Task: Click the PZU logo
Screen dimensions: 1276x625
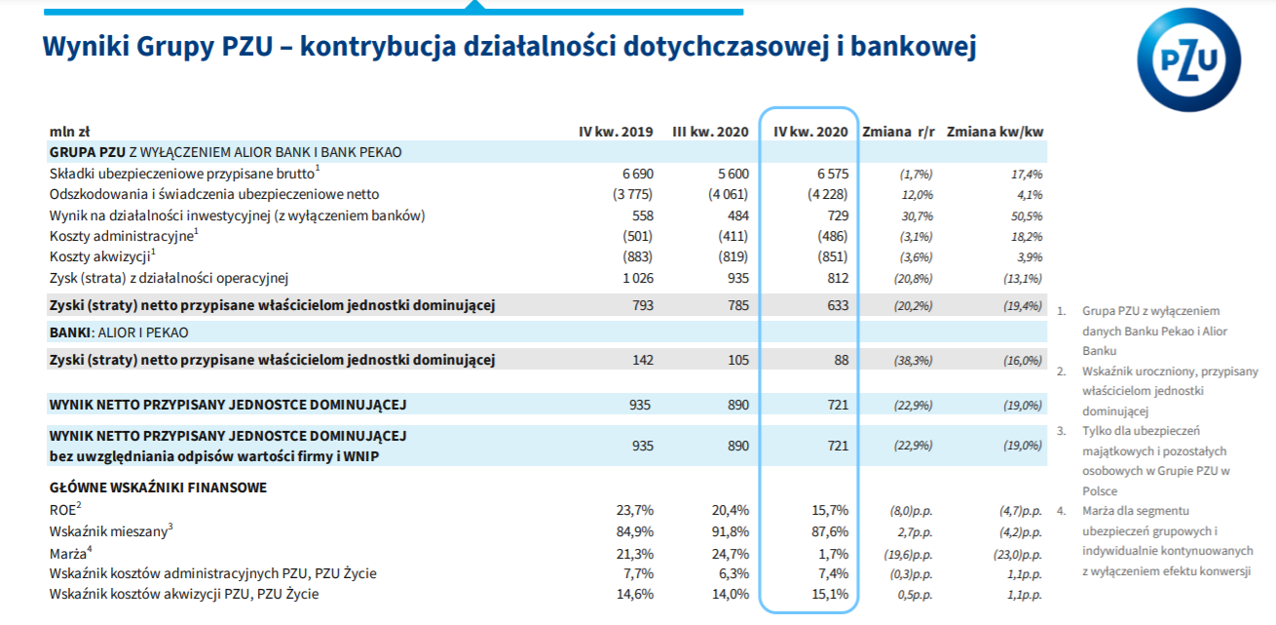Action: click(x=1189, y=59)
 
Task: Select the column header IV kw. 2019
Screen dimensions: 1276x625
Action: click(x=616, y=132)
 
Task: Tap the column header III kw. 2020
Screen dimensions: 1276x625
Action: click(x=710, y=132)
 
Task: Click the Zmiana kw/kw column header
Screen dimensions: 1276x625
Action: click(x=995, y=132)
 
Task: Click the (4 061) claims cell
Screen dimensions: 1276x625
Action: click(x=728, y=194)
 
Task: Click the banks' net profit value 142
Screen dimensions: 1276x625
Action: click(x=643, y=360)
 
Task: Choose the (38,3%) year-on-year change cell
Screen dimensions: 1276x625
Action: click(x=913, y=361)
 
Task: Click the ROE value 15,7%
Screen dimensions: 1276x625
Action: click(x=830, y=510)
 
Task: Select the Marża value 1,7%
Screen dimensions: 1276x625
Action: click(x=834, y=554)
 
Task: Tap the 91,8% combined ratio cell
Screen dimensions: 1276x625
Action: click(x=731, y=531)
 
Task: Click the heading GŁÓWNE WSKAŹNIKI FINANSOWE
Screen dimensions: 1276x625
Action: click(x=159, y=488)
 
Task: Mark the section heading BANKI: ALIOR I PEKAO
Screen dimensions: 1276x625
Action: click(x=119, y=332)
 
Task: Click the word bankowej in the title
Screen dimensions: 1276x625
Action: click(x=914, y=46)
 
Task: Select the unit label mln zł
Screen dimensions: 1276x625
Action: click(x=69, y=132)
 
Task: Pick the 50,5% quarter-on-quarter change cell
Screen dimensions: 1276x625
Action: click(x=1027, y=216)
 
